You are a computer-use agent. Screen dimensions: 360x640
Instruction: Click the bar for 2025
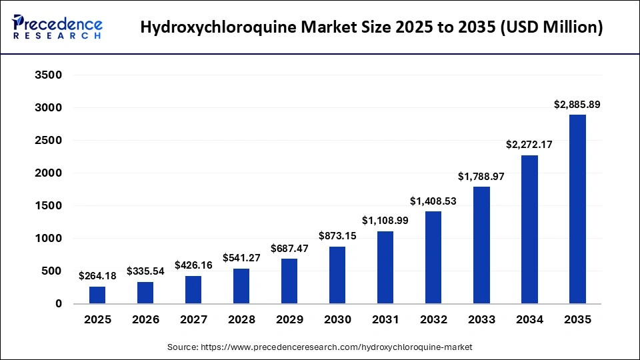click(97, 295)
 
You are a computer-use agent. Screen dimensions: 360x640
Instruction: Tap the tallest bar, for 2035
click(577, 209)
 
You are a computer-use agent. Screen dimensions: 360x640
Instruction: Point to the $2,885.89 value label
click(577, 105)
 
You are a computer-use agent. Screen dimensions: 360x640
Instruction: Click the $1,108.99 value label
click(385, 221)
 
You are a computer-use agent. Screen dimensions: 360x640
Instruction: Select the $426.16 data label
click(193, 265)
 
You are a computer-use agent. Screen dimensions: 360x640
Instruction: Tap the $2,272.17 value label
click(529, 145)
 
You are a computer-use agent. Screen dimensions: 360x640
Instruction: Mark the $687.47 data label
click(289, 248)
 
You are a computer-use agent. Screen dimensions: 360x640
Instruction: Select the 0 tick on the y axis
click(58, 304)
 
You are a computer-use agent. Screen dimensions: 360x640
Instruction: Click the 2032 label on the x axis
click(433, 320)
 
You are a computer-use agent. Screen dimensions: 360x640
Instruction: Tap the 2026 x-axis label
click(145, 320)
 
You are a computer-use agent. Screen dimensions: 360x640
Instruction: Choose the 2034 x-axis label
click(529, 320)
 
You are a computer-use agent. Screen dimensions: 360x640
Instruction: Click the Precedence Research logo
click(57, 27)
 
